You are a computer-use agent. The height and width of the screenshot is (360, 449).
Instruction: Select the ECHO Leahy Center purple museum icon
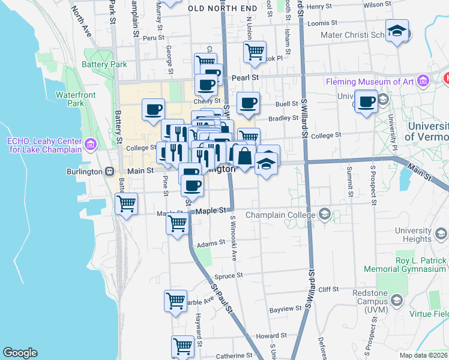click(x=91, y=144)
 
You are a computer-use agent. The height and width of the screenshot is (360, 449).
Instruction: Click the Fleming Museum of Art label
click(x=371, y=82)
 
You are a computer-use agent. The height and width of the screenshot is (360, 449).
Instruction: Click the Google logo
click(x=20, y=353)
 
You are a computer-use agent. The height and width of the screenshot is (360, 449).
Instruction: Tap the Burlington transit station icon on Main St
click(x=110, y=171)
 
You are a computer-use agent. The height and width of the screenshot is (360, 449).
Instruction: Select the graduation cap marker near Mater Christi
click(x=397, y=31)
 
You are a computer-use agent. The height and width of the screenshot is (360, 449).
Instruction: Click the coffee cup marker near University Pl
click(x=366, y=101)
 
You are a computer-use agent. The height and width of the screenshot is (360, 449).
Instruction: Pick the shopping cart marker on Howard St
click(x=183, y=346)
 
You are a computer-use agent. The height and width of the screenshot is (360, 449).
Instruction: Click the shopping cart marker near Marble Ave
click(x=176, y=301)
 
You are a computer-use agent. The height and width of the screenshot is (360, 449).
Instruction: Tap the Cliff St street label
click(x=329, y=289)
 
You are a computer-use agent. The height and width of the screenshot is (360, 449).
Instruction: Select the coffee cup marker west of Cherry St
click(x=153, y=109)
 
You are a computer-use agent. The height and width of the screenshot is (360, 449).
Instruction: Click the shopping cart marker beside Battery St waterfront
click(x=126, y=204)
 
